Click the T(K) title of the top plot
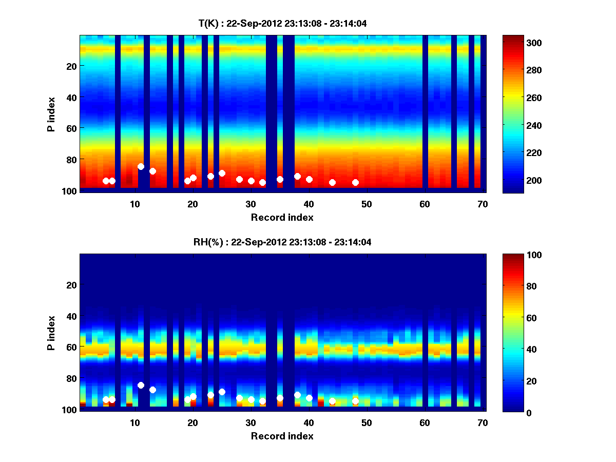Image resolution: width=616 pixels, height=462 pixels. point(282,23)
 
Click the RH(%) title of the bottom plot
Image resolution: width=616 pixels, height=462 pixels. point(282,242)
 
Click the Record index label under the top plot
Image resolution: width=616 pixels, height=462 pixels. point(282,217)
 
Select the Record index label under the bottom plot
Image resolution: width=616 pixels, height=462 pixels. point(282,436)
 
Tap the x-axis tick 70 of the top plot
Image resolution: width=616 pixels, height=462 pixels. point(483,204)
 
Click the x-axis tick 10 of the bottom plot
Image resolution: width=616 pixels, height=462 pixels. point(134,422)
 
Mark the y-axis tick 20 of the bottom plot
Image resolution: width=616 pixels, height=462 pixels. point(71,285)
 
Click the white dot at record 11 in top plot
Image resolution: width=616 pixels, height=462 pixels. point(141,166)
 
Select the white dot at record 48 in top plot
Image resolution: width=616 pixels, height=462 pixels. point(355,182)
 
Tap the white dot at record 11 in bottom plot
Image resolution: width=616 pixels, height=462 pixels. point(141,385)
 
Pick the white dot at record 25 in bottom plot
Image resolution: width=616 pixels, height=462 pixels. point(222,392)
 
